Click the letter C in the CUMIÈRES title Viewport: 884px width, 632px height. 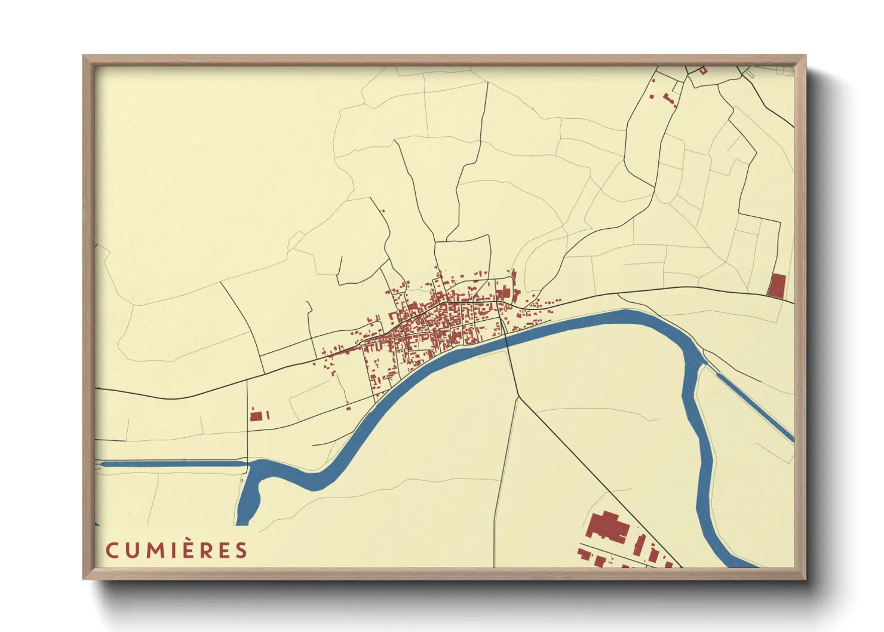pos(112,550)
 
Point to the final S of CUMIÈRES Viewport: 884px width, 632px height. pos(241,550)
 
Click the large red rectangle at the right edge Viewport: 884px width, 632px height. pos(776,286)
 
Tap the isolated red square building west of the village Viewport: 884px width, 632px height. pos(256,416)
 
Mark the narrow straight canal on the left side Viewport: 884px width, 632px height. pos(173,463)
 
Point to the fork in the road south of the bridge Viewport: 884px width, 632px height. pos(518,397)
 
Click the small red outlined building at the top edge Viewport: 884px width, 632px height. pos(703,70)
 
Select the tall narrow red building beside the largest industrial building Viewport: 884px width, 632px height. pos(640,544)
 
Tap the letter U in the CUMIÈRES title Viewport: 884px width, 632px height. pos(132,550)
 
